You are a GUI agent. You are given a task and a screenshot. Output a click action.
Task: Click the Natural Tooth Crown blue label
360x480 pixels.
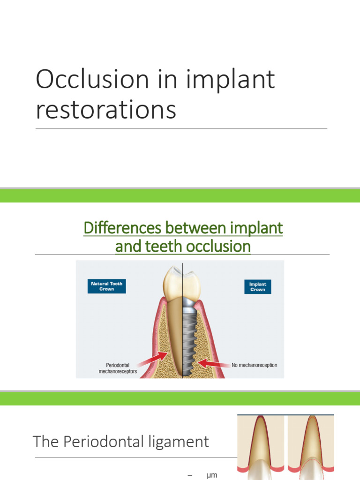106,286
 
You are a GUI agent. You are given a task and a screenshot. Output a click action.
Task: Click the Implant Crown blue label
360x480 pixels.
257,287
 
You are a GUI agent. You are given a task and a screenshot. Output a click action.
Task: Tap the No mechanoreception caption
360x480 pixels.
255,364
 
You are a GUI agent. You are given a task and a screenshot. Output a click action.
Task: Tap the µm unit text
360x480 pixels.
212,475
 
